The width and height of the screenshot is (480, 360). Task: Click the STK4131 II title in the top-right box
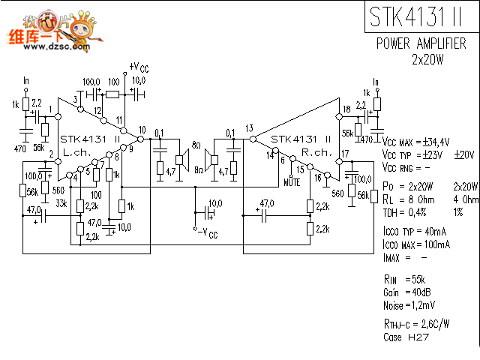click(x=416, y=16)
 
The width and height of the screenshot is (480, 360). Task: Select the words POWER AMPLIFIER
click(x=421, y=43)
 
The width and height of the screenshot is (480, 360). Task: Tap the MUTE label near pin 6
click(x=292, y=181)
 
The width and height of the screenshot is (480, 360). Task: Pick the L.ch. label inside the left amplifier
click(x=77, y=151)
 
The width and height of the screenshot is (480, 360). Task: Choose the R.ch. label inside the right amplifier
click(x=316, y=151)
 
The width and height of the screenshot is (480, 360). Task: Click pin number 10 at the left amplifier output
click(x=142, y=130)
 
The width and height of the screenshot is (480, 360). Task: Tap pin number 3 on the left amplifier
click(x=76, y=98)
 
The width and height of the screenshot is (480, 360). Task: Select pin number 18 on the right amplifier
click(x=346, y=109)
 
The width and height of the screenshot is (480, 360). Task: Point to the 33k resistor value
click(x=61, y=202)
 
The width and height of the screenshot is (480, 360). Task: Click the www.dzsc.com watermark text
click(x=50, y=46)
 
